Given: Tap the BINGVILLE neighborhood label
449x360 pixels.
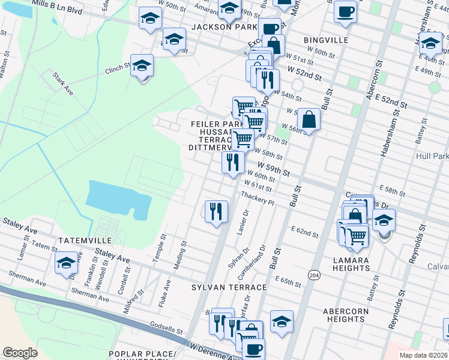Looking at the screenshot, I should (x=326, y=40).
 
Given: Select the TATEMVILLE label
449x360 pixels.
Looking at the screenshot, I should (x=83, y=240).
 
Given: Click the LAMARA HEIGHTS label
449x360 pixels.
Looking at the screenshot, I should (x=351, y=263).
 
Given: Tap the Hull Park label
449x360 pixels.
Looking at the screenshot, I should (x=432, y=156).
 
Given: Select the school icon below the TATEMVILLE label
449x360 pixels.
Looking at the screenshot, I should (x=66, y=263).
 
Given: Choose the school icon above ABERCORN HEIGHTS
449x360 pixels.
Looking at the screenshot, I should (x=281, y=322).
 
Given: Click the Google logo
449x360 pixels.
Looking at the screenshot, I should (x=20, y=353).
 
